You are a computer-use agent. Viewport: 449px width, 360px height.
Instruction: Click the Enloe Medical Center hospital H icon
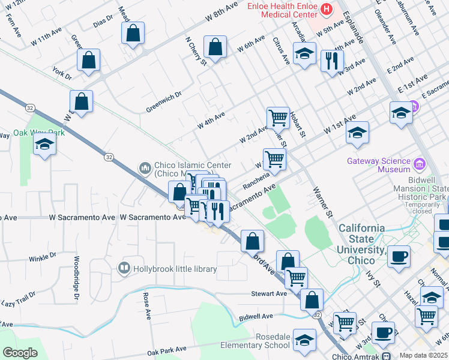(x=327, y=8)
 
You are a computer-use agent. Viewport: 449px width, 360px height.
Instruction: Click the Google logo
(x=19, y=353)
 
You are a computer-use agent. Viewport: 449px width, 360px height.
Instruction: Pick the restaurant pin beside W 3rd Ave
(x=331, y=61)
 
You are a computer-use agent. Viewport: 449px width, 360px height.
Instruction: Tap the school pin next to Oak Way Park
(x=44, y=145)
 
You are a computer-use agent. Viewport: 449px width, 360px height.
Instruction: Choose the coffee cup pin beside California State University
(x=399, y=257)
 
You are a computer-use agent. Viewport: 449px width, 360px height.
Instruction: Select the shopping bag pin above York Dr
(x=88, y=60)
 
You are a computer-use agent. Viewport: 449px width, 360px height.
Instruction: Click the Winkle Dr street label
(x=42, y=259)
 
